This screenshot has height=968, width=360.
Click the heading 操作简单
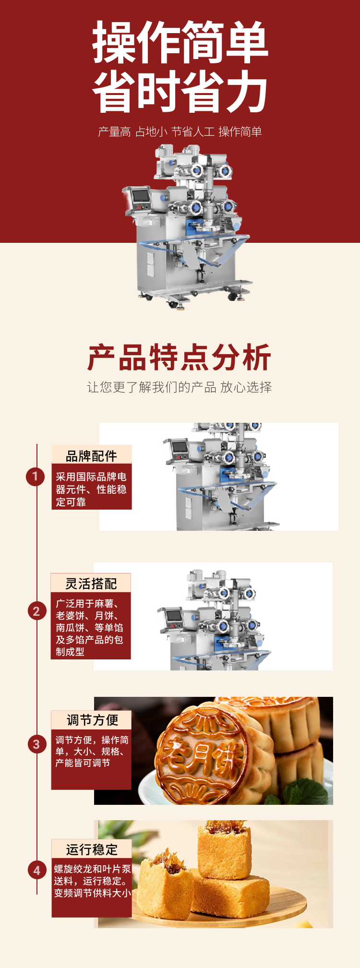(x=180, y=43)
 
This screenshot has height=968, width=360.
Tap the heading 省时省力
(x=180, y=91)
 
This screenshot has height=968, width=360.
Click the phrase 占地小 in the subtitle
(x=151, y=131)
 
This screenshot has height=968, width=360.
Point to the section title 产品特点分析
(x=180, y=358)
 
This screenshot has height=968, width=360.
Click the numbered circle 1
(x=35, y=477)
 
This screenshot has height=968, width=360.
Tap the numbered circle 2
(x=36, y=611)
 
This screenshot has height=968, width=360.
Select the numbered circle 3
(x=36, y=744)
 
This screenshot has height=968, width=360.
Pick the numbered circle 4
(x=36, y=870)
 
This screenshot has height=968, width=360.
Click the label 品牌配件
(x=92, y=455)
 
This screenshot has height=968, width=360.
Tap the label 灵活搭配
(x=91, y=584)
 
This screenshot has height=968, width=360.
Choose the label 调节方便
(x=92, y=720)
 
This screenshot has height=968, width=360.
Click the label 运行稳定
(x=92, y=849)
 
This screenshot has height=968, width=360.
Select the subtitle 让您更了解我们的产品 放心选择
(x=180, y=387)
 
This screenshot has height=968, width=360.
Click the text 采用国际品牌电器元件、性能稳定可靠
(x=91, y=490)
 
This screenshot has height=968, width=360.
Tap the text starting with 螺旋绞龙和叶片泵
(x=92, y=881)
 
